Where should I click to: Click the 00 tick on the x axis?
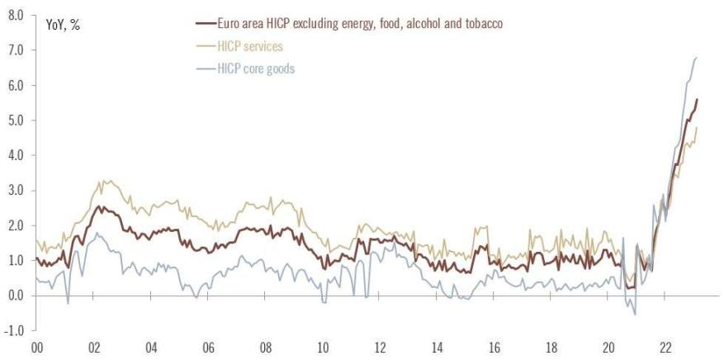click(x=37, y=348)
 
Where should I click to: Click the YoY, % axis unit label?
click(x=64, y=24)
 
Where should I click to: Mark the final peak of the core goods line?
click(x=697, y=57)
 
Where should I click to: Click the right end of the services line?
click(x=697, y=127)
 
